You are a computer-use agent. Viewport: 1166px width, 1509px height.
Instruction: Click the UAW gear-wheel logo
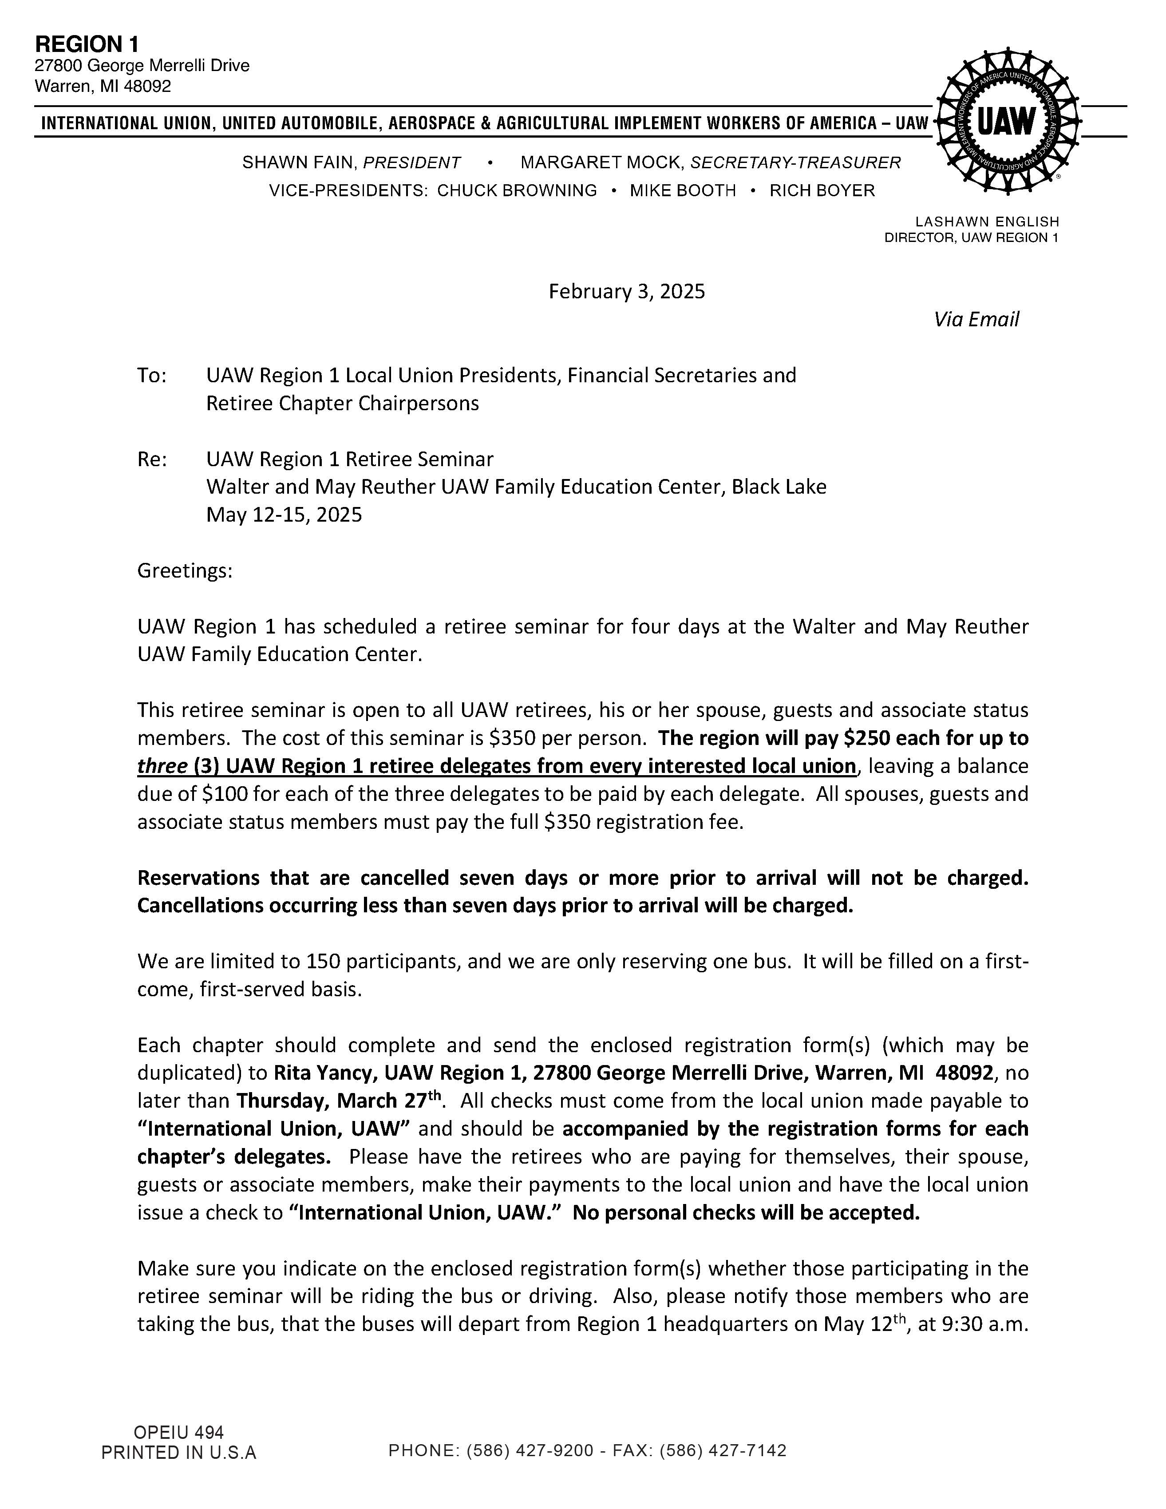pos(1008,122)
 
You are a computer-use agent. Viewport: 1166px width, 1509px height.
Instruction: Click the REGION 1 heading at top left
pos(87,44)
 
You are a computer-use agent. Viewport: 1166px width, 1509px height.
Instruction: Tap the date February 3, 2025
pos(627,292)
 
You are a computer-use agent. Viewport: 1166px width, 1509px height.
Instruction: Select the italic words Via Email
pos(976,319)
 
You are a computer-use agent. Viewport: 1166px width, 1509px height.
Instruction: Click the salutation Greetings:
pos(185,571)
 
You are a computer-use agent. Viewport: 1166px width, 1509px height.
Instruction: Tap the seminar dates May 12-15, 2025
pos(284,515)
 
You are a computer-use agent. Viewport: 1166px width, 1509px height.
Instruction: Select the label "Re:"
pos(152,459)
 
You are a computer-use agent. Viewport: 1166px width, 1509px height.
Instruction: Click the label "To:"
pos(152,375)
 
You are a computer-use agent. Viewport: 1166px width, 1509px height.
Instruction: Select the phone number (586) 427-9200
pos(530,1450)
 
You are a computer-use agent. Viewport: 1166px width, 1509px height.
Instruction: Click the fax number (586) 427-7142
pos(723,1450)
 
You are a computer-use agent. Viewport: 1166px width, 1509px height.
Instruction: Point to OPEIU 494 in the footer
pos(178,1432)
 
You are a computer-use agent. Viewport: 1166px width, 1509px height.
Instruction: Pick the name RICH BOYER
pos(822,191)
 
